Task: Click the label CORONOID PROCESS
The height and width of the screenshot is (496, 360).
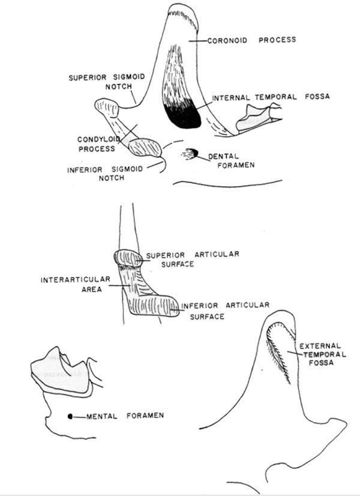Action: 251,40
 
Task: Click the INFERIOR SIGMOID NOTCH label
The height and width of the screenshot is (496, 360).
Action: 105,174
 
